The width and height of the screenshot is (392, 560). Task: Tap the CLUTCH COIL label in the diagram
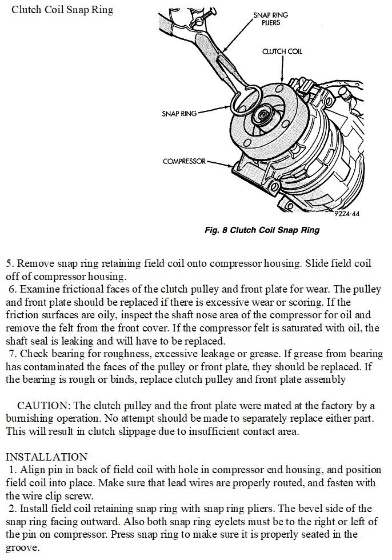point(282,51)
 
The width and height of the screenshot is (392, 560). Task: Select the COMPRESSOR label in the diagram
point(184,162)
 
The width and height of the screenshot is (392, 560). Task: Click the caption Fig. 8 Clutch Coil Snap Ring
point(261,231)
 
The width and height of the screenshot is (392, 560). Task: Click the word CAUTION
point(42,406)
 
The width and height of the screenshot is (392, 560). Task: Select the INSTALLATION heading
point(46,457)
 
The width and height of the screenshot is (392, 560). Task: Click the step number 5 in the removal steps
point(9,264)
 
